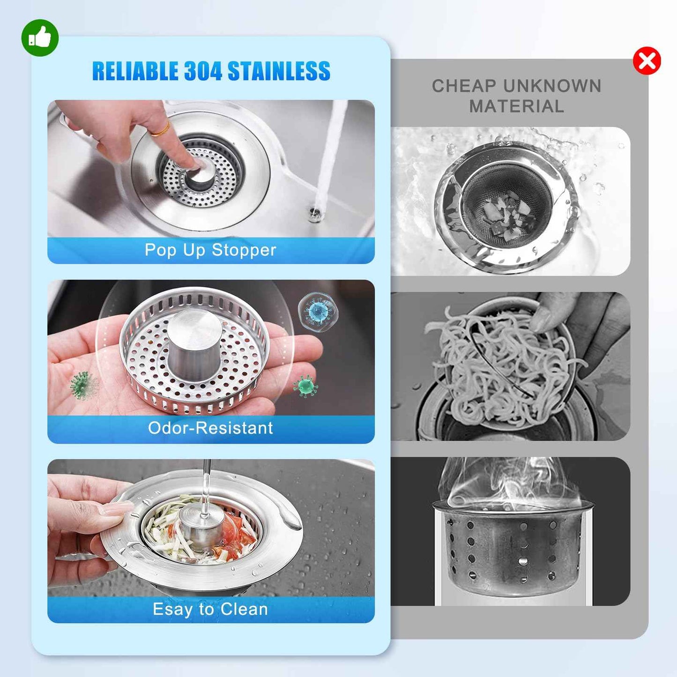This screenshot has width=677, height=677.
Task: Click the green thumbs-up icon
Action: click(40, 38)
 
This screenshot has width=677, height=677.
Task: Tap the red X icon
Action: click(647, 61)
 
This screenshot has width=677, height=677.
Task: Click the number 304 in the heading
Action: click(202, 71)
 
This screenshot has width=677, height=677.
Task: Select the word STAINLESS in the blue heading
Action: click(279, 71)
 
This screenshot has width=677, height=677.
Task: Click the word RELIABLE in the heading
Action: click(135, 71)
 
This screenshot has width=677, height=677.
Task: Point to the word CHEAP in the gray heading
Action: click(464, 86)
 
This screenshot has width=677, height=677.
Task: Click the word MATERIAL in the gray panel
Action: click(516, 107)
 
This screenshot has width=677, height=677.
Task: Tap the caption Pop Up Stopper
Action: click(210, 250)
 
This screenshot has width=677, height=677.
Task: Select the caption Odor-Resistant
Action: click(210, 428)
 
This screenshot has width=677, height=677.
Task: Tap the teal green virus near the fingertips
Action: click(305, 386)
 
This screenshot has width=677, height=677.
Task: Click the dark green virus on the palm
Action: click(82, 384)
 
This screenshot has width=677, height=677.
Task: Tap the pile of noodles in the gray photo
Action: click(501, 365)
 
